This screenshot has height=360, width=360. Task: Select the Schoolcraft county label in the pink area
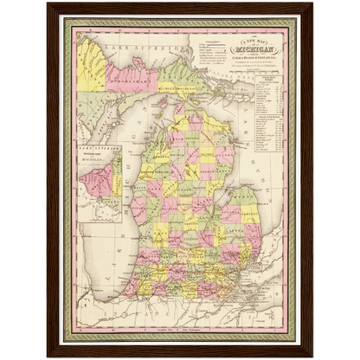point(131,87)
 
